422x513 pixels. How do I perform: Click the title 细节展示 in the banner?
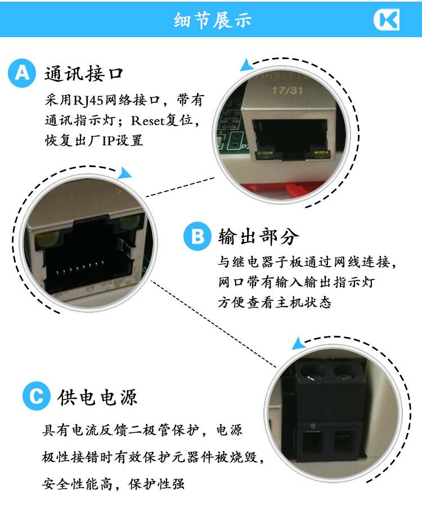213,20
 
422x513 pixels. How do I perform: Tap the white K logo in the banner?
387,20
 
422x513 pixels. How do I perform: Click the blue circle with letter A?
22,73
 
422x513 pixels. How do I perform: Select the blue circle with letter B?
197,236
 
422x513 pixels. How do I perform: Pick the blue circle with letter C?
37,396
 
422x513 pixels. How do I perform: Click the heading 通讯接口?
84,73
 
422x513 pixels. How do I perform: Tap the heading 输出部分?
259,236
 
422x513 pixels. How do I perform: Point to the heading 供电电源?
97,397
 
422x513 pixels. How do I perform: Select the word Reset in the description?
147,121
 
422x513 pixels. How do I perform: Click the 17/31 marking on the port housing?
287,90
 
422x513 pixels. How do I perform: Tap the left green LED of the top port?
265,153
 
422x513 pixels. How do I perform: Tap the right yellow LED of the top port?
321,154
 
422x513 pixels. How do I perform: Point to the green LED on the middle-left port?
130,222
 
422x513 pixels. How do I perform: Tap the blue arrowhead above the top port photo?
246,65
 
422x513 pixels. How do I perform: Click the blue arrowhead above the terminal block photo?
298,344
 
